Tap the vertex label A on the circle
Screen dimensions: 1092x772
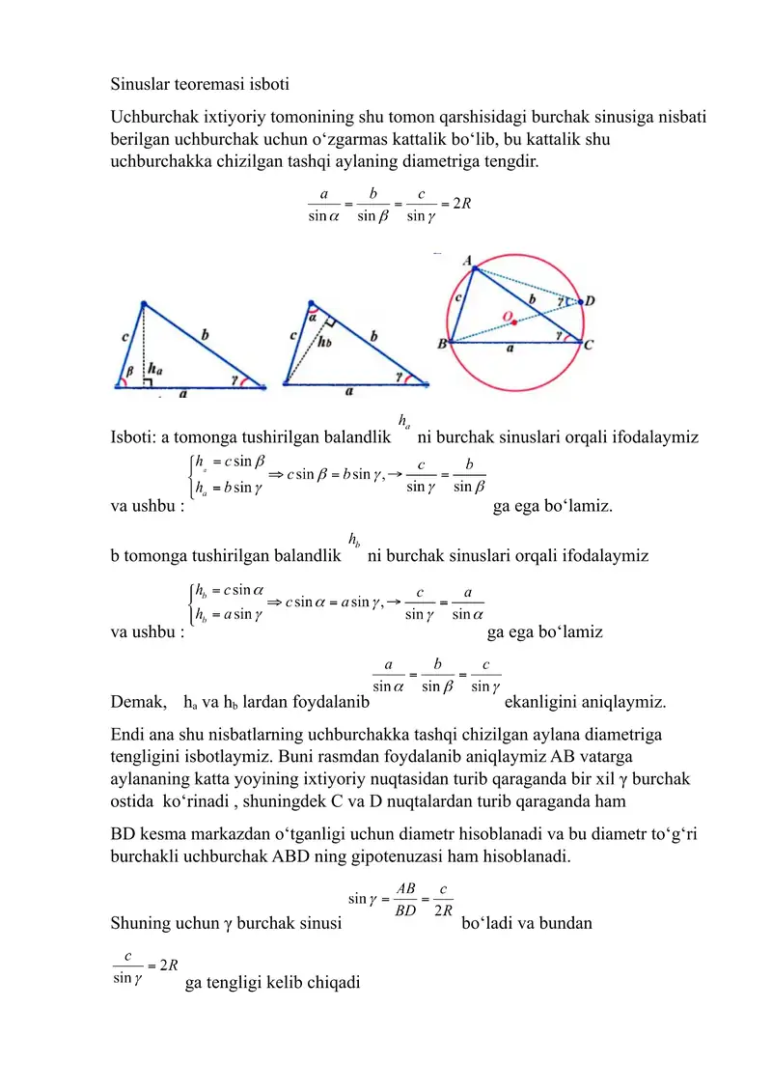(x=468, y=262)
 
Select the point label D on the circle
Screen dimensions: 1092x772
(x=590, y=301)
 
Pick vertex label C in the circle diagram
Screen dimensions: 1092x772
(x=588, y=343)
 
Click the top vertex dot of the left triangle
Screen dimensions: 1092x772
(x=144, y=304)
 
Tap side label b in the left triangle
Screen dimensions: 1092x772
(x=205, y=334)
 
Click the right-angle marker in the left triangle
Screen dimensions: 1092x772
(x=148, y=382)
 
